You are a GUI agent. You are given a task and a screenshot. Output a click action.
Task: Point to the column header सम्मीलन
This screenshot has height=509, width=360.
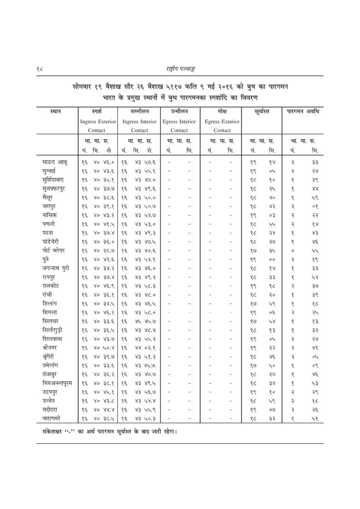tap(140, 111)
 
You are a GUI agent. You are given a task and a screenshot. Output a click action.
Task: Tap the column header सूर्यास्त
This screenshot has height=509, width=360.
tap(262, 111)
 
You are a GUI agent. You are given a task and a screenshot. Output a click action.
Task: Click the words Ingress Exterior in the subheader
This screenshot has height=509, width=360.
tap(98, 122)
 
